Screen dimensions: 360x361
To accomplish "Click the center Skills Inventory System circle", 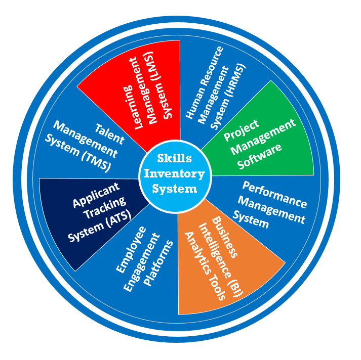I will pos(175,174).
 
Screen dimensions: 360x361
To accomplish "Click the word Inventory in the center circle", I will pos(175,174).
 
